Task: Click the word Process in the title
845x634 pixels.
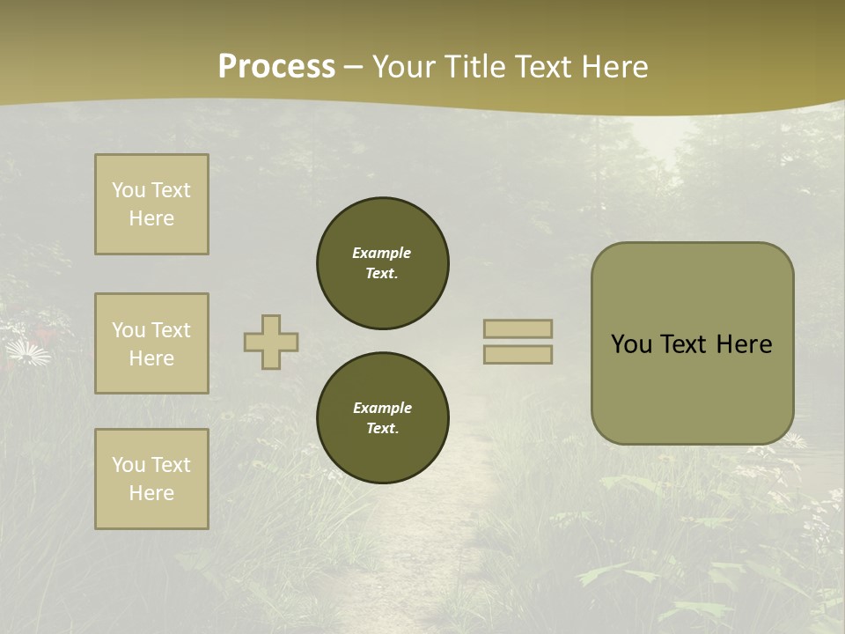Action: point(276,66)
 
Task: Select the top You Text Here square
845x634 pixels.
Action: point(151,204)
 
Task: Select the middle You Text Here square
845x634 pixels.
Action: point(151,343)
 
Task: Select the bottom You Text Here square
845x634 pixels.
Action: point(151,479)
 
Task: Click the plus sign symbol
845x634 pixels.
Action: point(271,342)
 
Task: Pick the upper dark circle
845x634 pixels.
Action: point(383,262)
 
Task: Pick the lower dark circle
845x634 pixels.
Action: point(383,417)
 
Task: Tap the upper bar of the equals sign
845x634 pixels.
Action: point(518,328)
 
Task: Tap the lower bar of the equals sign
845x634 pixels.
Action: point(518,354)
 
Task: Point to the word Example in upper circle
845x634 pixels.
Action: point(382,253)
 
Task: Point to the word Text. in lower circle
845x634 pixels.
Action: point(382,428)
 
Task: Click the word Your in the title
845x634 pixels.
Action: point(404,66)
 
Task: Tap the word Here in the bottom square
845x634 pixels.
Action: point(151,493)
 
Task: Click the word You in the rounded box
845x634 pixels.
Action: point(631,344)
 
